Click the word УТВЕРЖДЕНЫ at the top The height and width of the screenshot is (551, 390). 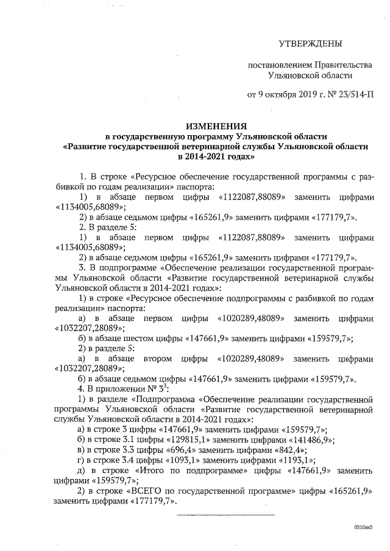click(310, 44)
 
